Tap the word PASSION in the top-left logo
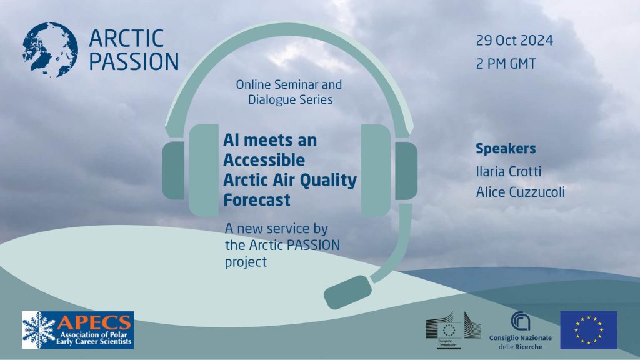134,61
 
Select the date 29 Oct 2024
514,41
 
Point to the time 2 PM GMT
506,64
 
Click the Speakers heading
506,149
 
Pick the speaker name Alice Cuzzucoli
520,192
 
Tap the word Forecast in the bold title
257,200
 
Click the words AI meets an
270,140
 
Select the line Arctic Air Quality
290,180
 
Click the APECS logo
77,330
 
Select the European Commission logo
447,329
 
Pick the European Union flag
588,329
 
